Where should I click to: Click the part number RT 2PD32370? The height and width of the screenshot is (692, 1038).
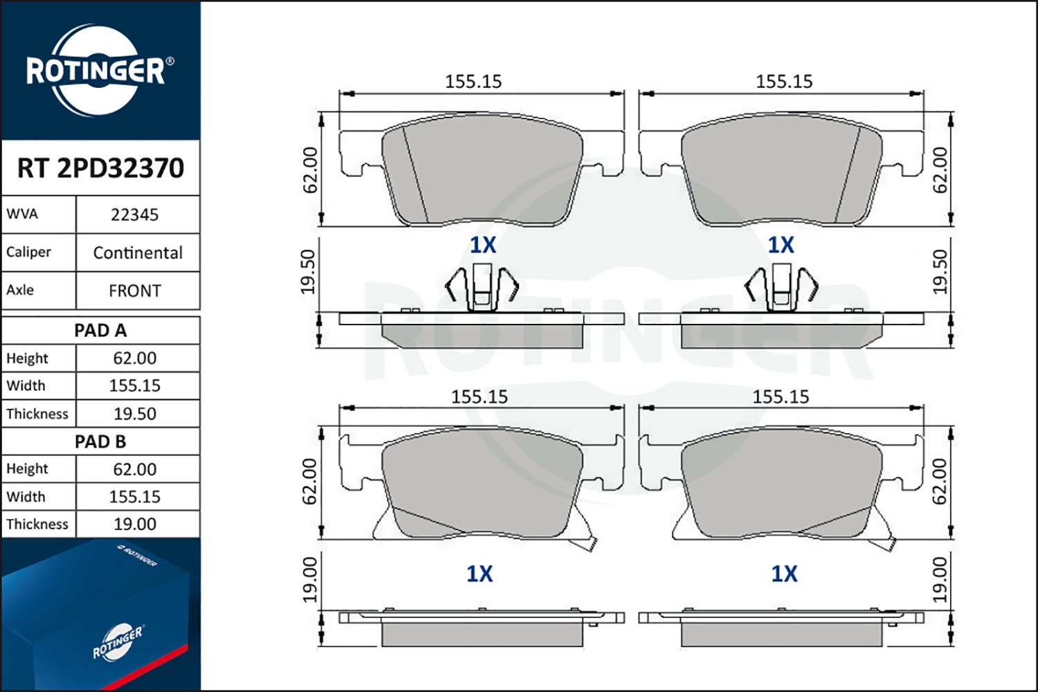point(100,167)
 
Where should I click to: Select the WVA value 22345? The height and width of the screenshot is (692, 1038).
point(134,215)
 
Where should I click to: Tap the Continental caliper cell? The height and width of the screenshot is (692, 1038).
point(138,253)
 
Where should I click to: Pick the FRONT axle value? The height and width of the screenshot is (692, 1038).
point(135,291)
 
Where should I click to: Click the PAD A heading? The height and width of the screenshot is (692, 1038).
point(100,331)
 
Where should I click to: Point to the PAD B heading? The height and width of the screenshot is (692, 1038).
point(100,441)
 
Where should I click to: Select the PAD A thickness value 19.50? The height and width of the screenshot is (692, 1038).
point(135,414)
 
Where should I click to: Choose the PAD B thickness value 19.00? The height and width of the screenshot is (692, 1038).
point(135,525)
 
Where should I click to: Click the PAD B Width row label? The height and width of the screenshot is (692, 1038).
point(26,497)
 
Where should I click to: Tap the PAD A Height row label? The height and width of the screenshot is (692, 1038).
point(27,358)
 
